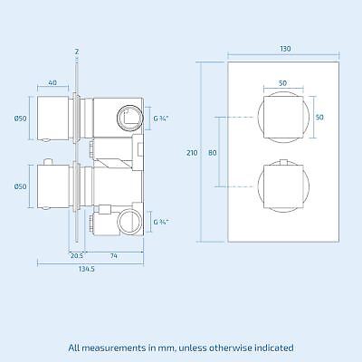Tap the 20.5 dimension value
click(x=78, y=255)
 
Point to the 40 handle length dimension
click(x=53, y=83)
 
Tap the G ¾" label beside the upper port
click(x=159, y=118)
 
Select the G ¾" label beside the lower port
click(x=159, y=221)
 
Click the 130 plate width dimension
click(x=286, y=49)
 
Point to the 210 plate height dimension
click(x=192, y=153)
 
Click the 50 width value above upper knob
click(x=282, y=83)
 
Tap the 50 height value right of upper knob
click(x=319, y=118)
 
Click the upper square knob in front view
click(x=282, y=118)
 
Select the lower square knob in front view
click(x=282, y=187)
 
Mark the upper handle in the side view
click(x=56, y=118)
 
